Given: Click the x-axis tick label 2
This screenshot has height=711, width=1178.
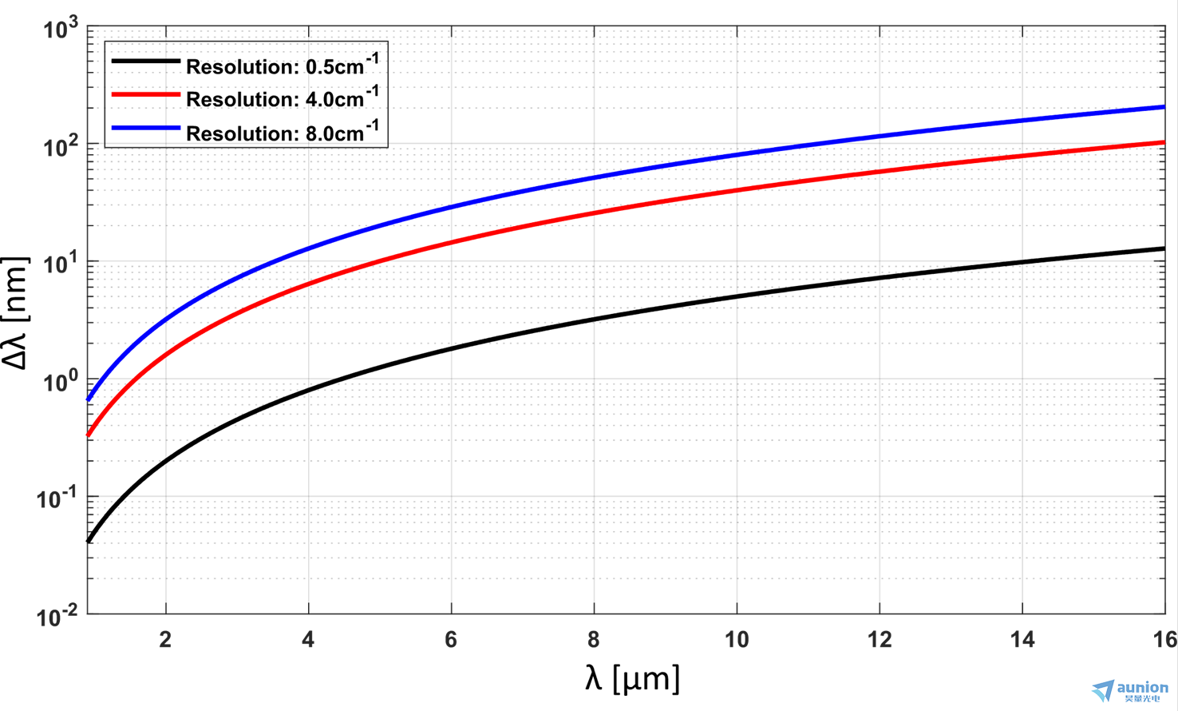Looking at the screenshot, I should tap(165, 640).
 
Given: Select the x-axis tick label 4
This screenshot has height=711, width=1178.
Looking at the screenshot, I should tap(308, 640).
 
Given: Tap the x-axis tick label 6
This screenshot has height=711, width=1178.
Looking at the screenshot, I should tap(451, 640).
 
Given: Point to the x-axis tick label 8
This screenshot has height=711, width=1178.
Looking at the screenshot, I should tap(594, 640).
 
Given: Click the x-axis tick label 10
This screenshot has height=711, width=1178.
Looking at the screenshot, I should tap(736, 640).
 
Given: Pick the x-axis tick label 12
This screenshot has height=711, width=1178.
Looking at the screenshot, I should tap(879, 640).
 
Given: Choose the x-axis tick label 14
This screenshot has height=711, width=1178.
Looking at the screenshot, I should tap(1022, 640).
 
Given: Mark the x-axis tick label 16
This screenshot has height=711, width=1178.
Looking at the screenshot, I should tap(1164, 640).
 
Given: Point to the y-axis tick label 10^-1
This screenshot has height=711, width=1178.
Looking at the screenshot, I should tap(57, 499).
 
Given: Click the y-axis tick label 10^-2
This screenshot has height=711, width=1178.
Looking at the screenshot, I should tap(57, 617).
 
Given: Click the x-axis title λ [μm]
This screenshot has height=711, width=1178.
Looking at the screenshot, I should tap(632, 679).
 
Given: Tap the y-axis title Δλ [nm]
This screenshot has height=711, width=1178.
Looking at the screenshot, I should tap(16, 313).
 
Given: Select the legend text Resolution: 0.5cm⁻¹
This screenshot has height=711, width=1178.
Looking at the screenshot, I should tap(282, 65).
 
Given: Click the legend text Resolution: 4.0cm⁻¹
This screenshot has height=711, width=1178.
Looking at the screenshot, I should tap(282, 97).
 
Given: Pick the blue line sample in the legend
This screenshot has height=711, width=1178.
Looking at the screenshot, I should tap(145, 128).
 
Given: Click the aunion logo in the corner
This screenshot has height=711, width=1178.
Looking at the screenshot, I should tap(1130, 690).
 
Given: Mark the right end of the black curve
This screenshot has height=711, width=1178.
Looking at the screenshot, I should tap(1164, 249).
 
